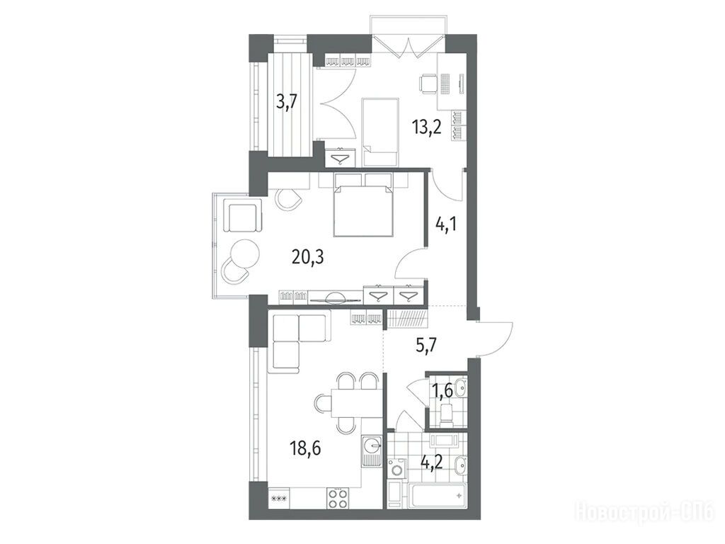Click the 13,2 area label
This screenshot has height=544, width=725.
[x=427, y=126]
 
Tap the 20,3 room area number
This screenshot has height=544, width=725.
[x=307, y=256]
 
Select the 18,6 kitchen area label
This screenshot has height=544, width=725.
[x=305, y=448]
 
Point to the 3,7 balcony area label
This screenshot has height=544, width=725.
[x=286, y=101]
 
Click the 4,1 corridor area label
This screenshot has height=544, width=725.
[x=446, y=227]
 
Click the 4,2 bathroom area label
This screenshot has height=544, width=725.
[x=432, y=462]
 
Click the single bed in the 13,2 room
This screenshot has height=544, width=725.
[x=380, y=132]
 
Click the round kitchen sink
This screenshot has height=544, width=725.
[x=371, y=446]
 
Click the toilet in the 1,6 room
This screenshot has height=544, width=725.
[x=447, y=414]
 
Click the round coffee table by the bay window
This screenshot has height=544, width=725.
[x=245, y=253]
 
